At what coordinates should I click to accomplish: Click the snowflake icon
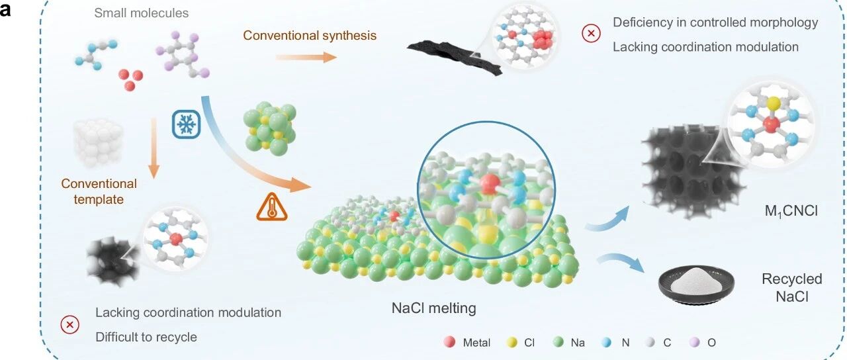186,124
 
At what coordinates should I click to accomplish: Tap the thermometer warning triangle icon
272,207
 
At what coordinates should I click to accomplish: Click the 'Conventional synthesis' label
310,35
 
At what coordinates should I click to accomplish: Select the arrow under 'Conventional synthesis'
306,58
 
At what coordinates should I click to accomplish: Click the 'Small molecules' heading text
142,13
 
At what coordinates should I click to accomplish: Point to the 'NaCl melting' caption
433,308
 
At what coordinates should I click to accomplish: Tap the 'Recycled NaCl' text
792,287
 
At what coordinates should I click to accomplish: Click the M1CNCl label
791,211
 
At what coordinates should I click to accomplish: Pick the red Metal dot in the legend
449,342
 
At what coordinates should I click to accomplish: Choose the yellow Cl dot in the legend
512,342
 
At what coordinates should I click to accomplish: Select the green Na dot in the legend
558,342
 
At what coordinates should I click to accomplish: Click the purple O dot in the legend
695,342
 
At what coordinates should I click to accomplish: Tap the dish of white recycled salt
696,285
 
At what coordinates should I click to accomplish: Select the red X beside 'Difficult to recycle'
70,325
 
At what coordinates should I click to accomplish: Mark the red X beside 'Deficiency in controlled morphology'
591,33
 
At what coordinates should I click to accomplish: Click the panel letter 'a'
5,10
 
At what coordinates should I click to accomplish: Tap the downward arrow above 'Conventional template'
154,148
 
